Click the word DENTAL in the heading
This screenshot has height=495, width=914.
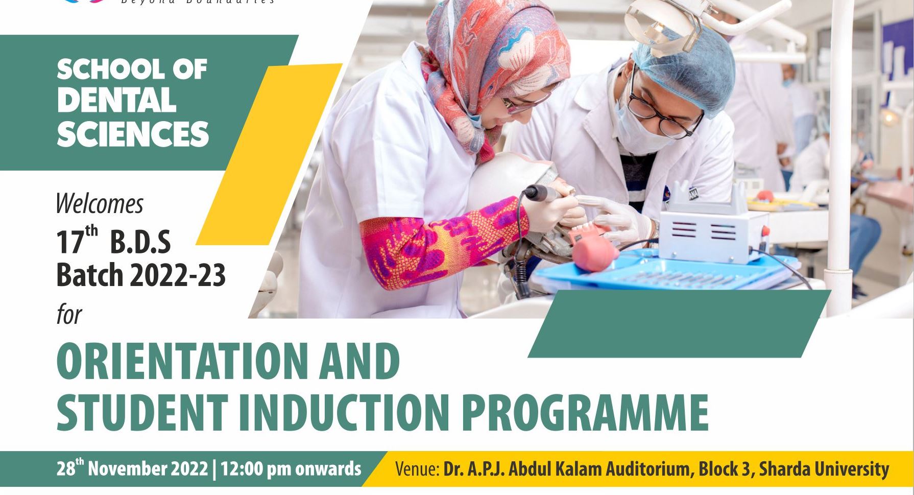point(116,101)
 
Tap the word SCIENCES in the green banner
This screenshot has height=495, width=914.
point(133,134)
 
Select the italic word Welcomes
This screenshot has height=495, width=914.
point(99,204)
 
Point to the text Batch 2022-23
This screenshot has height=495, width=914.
point(140,275)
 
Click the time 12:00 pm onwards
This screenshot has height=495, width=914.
point(291,468)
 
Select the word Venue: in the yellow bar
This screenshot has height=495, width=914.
point(417,469)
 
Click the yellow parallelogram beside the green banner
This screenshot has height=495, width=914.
point(268,153)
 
